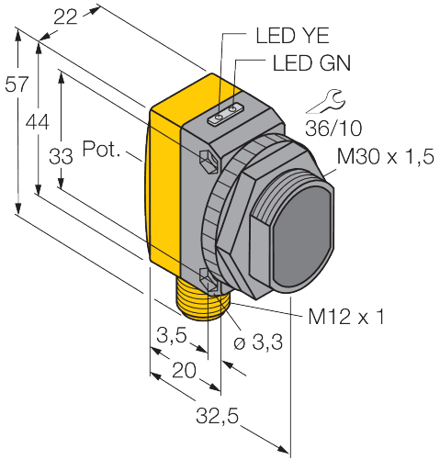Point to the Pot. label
pos(101,148)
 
